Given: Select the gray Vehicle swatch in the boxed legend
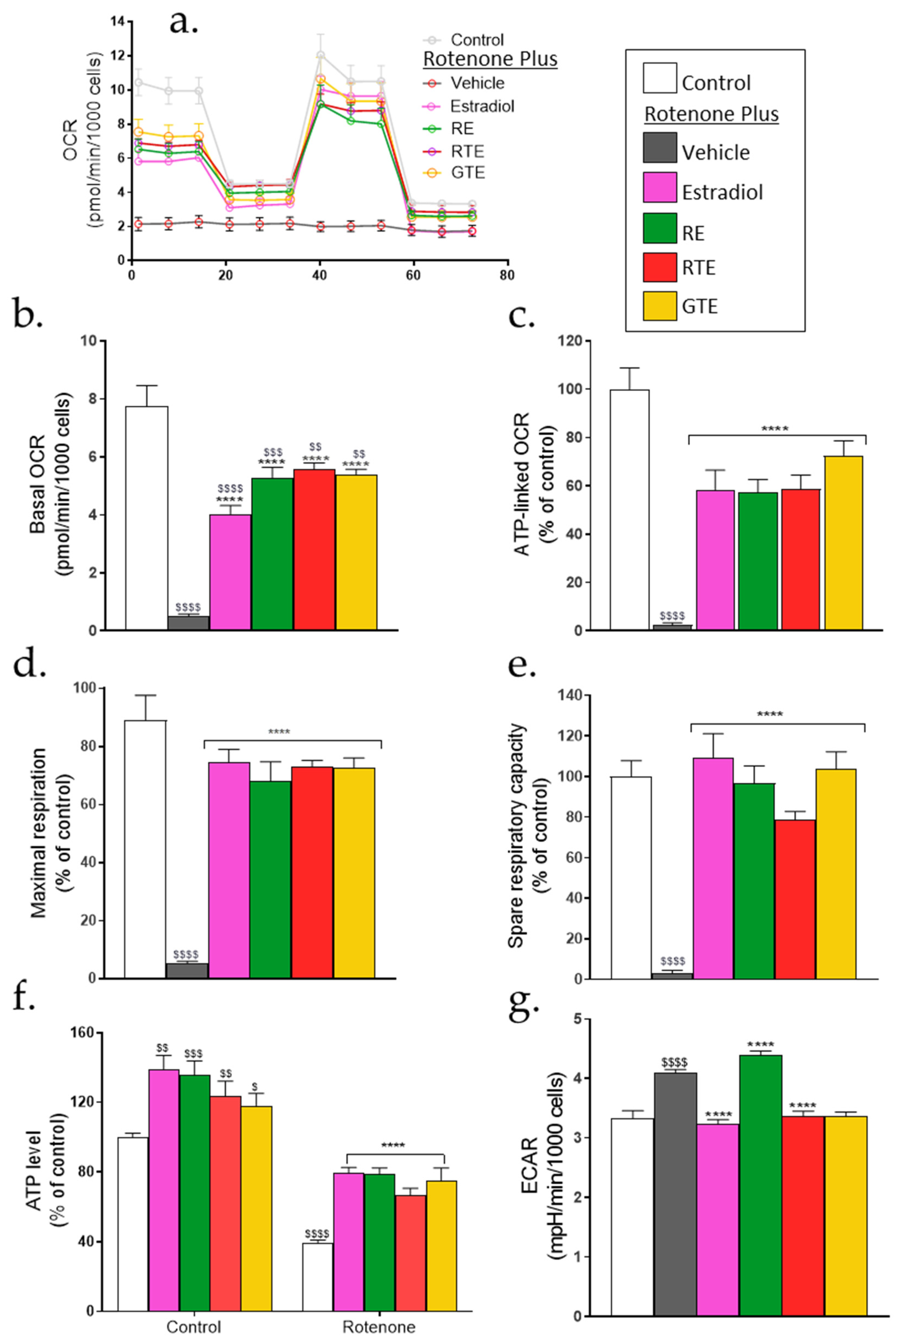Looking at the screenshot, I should click(x=659, y=148).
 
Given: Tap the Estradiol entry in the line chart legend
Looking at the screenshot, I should click(x=482, y=106).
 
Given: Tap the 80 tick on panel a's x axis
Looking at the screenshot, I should click(x=506, y=275).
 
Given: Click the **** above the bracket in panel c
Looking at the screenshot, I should click(x=775, y=428).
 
